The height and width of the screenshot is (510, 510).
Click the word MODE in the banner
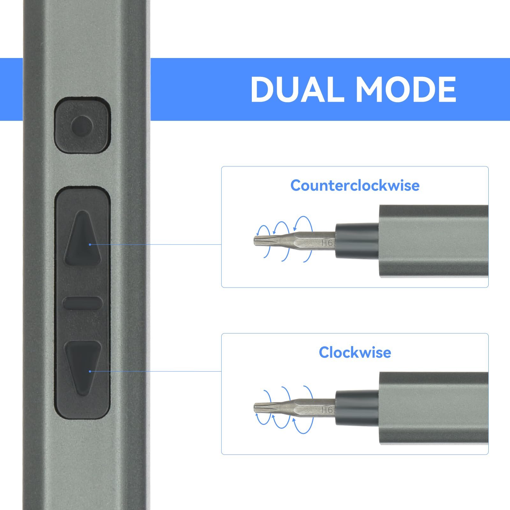click(406, 89)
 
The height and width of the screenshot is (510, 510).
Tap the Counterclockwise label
click(355, 186)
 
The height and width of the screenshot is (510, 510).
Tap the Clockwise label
click(355, 353)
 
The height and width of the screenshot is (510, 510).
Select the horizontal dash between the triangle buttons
click(83, 303)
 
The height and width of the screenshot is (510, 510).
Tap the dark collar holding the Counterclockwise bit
click(357, 241)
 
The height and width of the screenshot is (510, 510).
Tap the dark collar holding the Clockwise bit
click(357, 408)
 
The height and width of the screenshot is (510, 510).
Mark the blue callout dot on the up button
click(90, 244)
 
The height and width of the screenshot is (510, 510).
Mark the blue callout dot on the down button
click(90, 371)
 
